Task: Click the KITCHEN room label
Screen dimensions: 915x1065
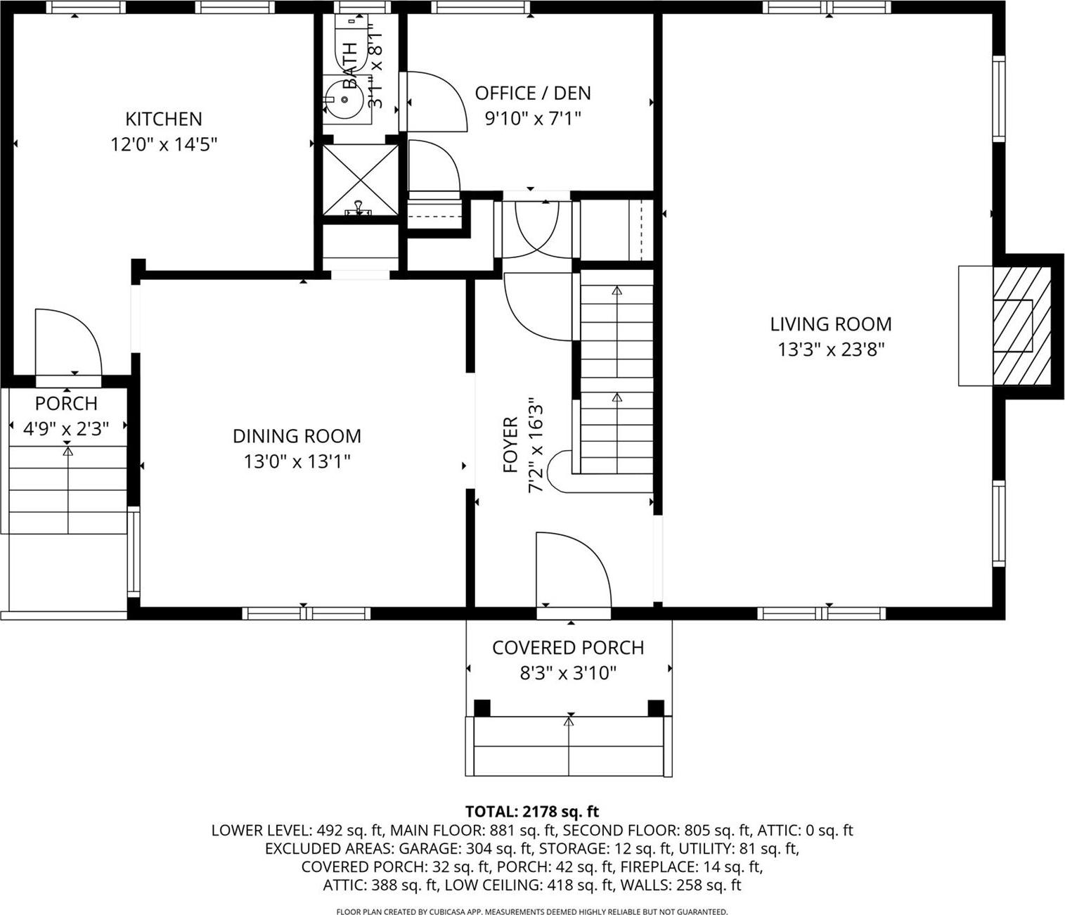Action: click(163, 119)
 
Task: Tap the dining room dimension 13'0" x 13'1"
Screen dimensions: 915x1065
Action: click(297, 461)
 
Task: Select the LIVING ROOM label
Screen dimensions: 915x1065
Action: click(830, 324)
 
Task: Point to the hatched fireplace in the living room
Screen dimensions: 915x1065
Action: click(1021, 326)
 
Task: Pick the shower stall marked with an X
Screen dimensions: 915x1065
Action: click(360, 180)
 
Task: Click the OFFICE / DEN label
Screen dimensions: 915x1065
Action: click(533, 93)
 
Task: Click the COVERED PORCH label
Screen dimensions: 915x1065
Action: click(568, 648)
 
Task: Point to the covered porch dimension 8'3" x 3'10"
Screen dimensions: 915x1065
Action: click(568, 674)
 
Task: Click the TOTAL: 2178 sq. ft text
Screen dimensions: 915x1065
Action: click(532, 812)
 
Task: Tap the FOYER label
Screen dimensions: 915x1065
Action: click(511, 444)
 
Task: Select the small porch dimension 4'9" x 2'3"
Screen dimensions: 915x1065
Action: click(66, 429)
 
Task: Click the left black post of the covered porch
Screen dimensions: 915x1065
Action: click(482, 708)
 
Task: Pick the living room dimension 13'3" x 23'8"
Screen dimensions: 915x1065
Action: click(830, 350)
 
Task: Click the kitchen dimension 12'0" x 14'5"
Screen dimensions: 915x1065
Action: click(163, 145)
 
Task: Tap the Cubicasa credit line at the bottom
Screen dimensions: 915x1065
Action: click(532, 911)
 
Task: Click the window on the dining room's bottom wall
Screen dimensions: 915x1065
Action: click(306, 613)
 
